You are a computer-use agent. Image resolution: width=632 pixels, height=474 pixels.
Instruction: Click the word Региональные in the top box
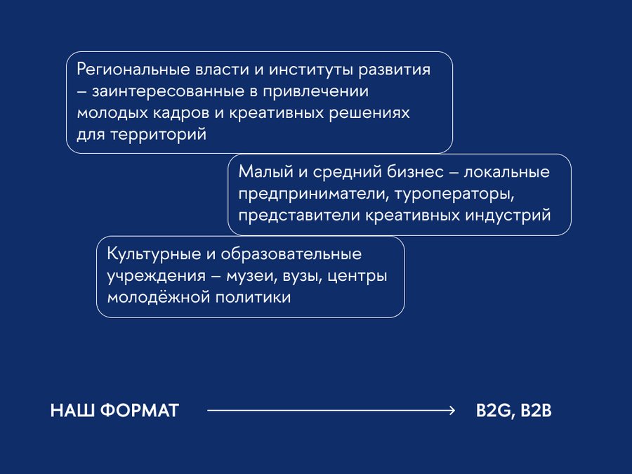(133, 70)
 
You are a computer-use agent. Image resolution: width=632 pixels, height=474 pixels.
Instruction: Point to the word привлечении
(315, 92)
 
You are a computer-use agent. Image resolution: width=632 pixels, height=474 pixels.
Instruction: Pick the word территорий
(159, 134)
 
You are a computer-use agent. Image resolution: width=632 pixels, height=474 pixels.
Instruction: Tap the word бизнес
(415, 171)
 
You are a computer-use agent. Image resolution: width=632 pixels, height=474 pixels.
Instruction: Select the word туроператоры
(454, 194)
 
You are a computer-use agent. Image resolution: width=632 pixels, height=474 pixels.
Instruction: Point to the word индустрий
(508, 216)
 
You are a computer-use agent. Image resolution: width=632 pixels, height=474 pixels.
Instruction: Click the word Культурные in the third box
(154, 254)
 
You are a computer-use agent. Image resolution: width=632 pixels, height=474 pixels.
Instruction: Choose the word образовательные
(291, 254)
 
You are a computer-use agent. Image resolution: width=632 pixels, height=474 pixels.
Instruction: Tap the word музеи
(251, 277)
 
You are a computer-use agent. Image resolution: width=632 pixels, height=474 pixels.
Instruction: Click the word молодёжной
(159, 298)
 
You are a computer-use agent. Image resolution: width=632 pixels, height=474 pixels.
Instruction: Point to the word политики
(253, 298)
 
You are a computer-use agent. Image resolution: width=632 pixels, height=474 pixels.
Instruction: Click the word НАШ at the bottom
(72, 411)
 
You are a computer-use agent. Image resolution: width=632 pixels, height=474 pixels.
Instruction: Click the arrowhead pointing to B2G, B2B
(452, 411)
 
